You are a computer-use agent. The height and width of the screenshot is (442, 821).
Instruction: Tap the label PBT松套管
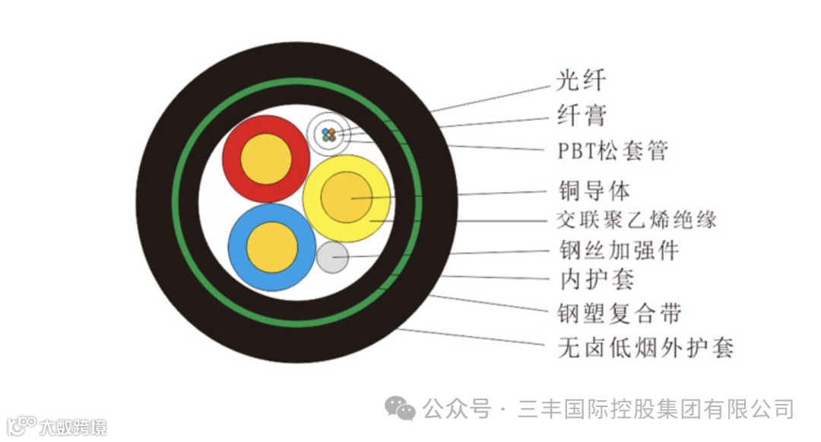pyautogui.click(x=613, y=150)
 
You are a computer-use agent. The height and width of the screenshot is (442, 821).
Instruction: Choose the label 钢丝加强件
pyautogui.click(x=618, y=251)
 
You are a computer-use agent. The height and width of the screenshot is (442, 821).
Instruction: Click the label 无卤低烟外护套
pyautogui.click(x=645, y=349)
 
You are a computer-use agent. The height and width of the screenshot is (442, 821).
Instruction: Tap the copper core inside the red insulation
pyautogui.click(x=266, y=158)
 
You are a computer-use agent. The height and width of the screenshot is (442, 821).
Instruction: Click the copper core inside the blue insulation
pyautogui.click(x=272, y=247)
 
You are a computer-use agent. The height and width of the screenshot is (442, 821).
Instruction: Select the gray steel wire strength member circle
pyautogui.click(x=332, y=257)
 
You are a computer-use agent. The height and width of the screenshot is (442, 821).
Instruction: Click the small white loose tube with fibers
pyautogui.click(x=329, y=135)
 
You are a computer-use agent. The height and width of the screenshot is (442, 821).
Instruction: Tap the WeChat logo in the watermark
pyautogui.click(x=400, y=409)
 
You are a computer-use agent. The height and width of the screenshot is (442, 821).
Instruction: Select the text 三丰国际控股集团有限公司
pyautogui.click(x=655, y=410)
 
